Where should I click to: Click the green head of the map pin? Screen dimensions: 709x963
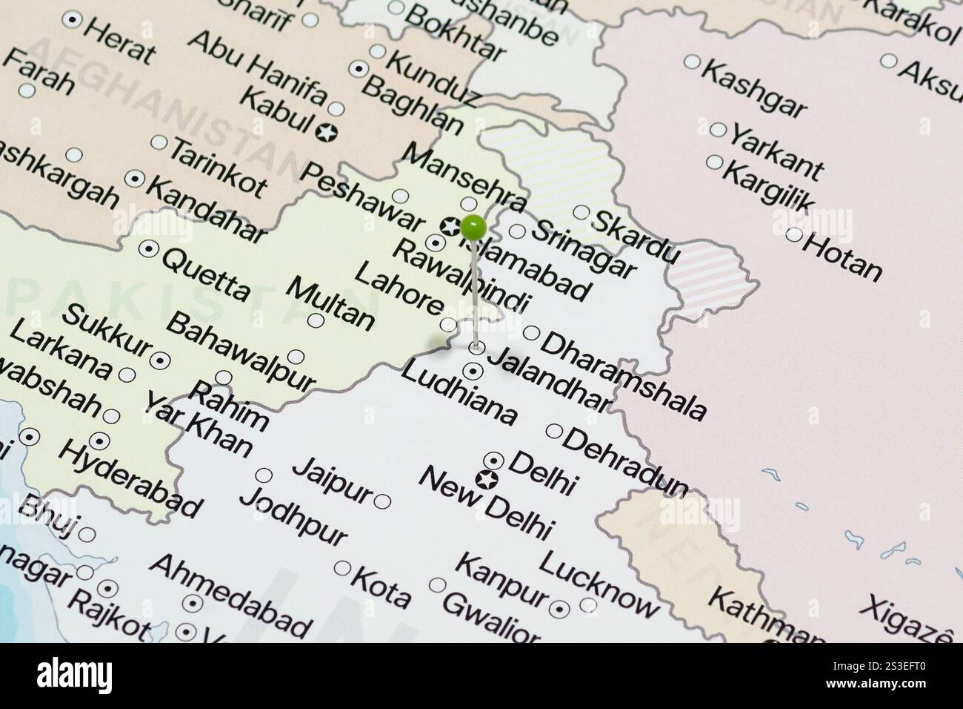[473, 227]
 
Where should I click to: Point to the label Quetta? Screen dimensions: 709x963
[205, 274]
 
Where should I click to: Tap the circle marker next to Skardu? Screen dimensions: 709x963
[581, 211]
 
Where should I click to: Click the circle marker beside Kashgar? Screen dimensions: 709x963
[691, 62]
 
